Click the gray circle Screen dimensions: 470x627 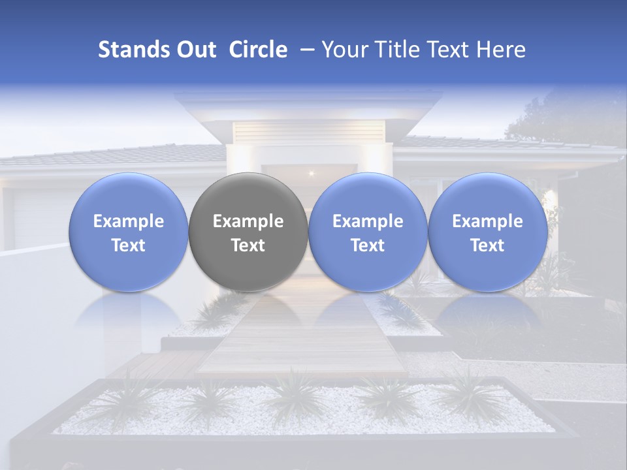point(248,232)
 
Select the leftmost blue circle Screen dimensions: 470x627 point(129,232)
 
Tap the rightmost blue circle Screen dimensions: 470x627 point(487,232)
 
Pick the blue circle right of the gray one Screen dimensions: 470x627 point(368,232)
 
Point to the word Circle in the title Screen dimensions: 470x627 point(258,50)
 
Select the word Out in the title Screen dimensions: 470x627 point(196,50)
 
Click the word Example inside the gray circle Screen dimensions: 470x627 point(248,221)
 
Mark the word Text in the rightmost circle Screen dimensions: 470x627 point(487,245)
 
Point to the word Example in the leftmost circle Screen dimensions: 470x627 point(129,221)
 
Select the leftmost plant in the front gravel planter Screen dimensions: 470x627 point(124,398)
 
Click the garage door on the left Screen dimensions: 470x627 point(39,219)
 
